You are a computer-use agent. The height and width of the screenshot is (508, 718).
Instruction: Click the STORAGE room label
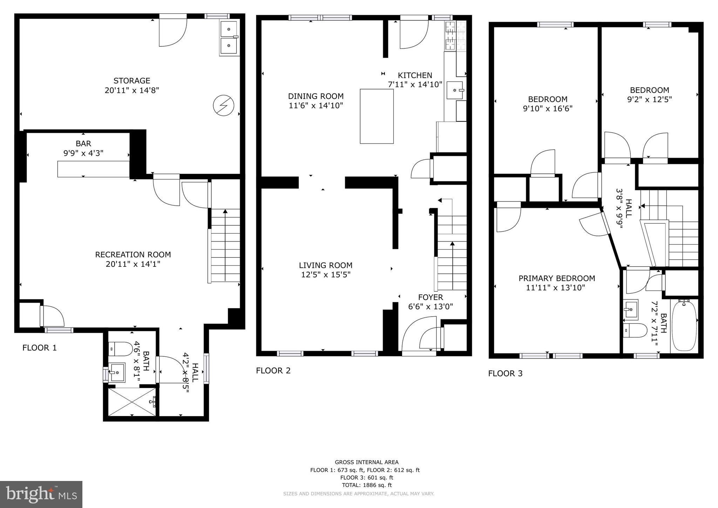[x=132, y=81]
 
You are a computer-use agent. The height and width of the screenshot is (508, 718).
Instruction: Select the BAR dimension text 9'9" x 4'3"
[x=83, y=153]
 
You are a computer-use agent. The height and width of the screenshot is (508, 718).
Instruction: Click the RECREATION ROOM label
[x=133, y=255]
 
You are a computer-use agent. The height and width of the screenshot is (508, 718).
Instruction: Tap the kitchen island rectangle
[x=377, y=116]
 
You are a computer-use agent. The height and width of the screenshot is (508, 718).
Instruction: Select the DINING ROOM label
[x=316, y=96]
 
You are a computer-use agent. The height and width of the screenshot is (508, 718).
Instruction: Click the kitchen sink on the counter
[x=455, y=90]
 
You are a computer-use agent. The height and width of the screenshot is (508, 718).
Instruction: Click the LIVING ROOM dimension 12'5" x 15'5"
[x=326, y=275]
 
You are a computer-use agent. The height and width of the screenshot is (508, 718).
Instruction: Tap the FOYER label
[x=431, y=297]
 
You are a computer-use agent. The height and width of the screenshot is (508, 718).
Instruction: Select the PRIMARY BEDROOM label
[x=557, y=278]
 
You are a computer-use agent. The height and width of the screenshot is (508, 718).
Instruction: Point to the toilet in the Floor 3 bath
[x=635, y=330]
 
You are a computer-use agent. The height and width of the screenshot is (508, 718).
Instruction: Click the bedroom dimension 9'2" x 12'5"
[x=649, y=99]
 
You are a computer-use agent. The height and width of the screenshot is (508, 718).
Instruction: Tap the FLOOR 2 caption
[x=273, y=371]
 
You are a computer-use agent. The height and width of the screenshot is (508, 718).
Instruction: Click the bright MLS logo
[x=41, y=494]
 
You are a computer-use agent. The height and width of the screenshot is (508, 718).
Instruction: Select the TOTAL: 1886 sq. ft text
[x=367, y=485]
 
